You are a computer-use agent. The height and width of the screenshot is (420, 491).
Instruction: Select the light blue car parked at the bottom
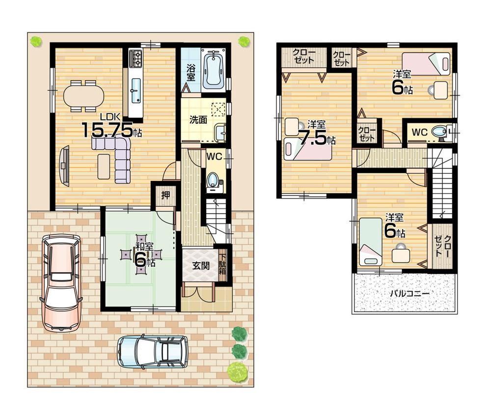click(x=153, y=351)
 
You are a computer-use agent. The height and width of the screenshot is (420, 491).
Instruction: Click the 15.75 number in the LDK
click(x=107, y=130)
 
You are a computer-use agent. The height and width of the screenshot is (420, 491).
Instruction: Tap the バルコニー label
click(x=409, y=293)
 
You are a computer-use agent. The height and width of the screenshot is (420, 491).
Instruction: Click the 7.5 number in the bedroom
click(x=313, y=138)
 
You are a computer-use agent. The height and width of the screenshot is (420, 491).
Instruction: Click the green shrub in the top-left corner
click(x=35, y=41)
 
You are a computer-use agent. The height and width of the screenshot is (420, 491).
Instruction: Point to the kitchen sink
click(x=136, y=89)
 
